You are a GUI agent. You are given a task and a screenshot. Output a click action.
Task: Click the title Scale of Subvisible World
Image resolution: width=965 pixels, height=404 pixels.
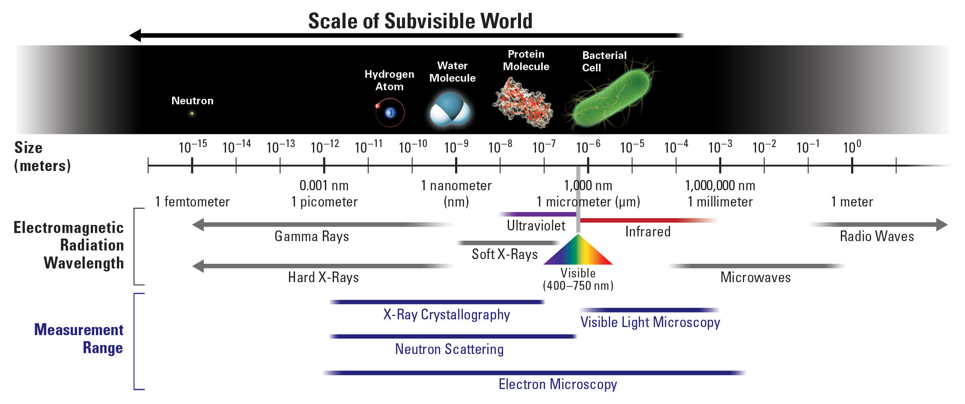click(x=420, y=21)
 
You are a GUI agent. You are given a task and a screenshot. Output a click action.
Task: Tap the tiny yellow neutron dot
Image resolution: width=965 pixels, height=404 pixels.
click(x=192, y=113)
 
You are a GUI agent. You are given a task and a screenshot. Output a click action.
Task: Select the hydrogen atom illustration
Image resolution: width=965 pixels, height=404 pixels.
click(x=390, y=112)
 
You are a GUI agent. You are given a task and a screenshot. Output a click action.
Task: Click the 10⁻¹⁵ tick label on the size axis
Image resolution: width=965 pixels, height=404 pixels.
click(x=192, y=147)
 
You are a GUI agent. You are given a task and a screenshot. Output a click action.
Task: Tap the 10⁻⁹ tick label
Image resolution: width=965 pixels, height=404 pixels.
click(x=456, y=147)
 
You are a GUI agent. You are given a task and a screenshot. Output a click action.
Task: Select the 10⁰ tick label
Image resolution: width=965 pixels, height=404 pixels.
click(x=852, y=147)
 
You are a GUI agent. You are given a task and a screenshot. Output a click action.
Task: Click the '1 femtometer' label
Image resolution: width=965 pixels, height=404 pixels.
click(x=192, y=202)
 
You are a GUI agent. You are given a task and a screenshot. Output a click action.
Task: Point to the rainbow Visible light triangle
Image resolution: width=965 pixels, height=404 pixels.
click(x=578, y=252)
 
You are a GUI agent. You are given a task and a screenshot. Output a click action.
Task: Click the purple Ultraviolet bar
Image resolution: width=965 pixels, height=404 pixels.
click(x=537, y=214)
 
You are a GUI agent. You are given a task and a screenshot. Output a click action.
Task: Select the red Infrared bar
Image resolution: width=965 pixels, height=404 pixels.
click(x=646, y=221)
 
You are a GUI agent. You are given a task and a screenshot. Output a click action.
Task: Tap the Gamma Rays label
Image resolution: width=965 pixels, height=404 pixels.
click(x=312, y=236)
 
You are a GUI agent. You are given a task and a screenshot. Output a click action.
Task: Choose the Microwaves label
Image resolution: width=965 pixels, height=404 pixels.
click(x=755, y=277)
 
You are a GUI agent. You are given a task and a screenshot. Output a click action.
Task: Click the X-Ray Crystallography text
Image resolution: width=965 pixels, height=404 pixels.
click(x=447, y=315)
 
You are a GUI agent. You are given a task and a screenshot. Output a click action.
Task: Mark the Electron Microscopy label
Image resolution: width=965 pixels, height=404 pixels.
click(x=557, y=384)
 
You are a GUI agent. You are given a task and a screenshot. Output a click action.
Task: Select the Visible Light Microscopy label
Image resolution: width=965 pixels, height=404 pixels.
click(x=650, y=322)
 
